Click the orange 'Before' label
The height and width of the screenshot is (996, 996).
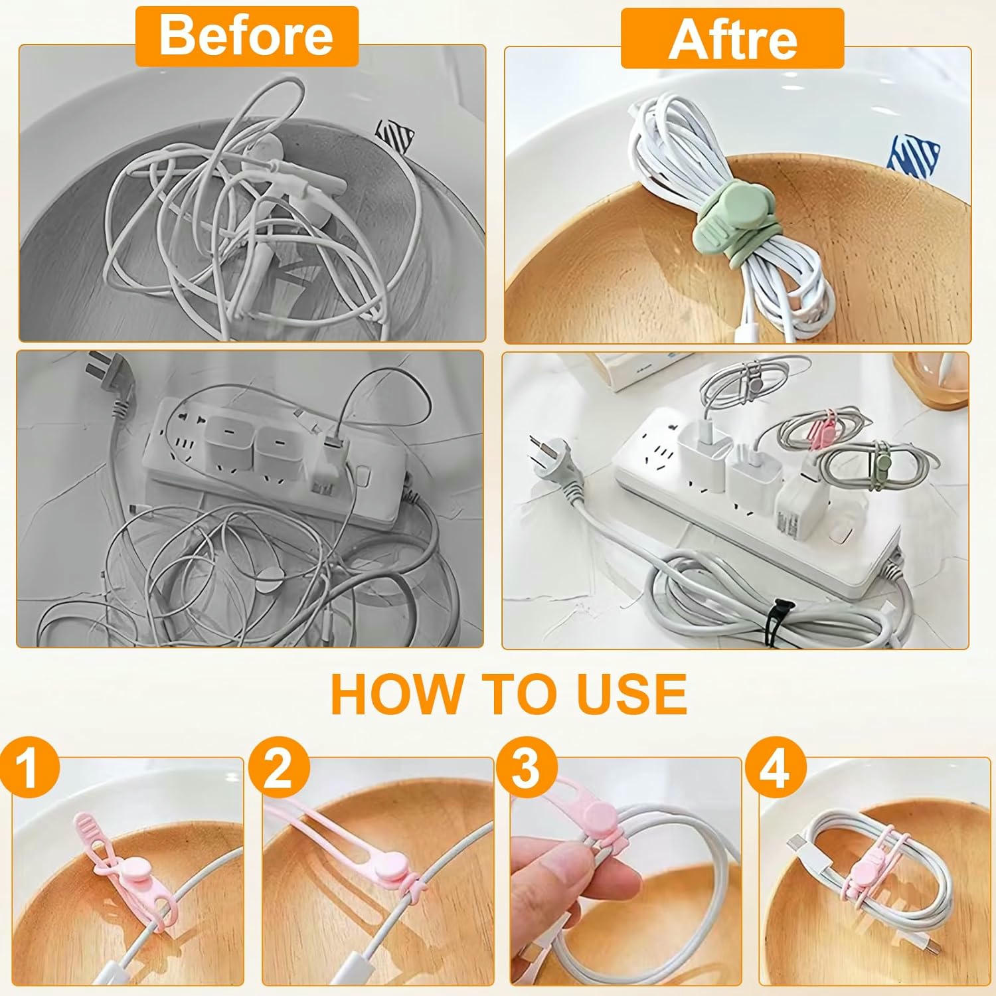click(x=246, y=37)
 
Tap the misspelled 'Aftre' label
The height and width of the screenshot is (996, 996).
click(x=732, y=39)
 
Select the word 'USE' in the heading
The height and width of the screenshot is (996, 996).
click(x=631, y=694)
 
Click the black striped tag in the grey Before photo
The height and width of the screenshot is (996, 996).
click(x=395, y=136)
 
